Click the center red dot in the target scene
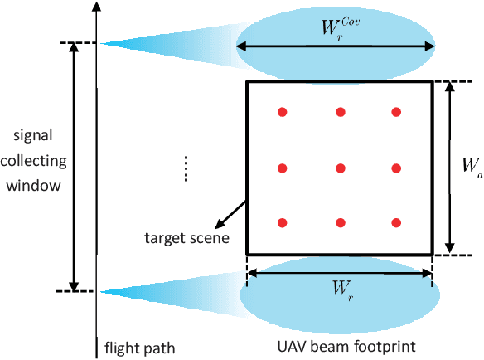pos(339,168)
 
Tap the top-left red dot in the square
pos(282,112)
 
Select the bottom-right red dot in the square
pos(396,223)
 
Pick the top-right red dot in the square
pos(396,112)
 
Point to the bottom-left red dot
pos(282,223)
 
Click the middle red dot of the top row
pos(339,112)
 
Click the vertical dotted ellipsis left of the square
pos(186,168)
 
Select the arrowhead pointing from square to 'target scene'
pos(218,224)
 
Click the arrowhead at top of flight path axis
pos(98,7)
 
